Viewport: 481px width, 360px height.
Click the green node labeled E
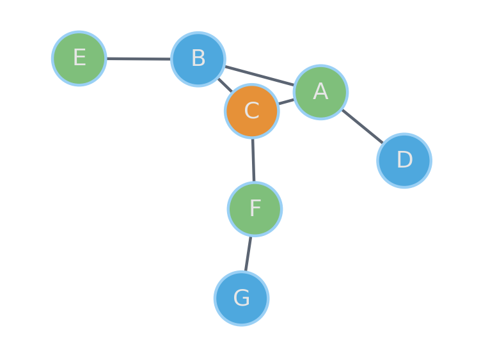click(x=79, y=58)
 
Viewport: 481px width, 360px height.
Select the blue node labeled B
click(x=198, y=59)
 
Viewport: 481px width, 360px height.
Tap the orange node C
click(x=252, y=111)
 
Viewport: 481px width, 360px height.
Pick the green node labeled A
click(x=320, y=92)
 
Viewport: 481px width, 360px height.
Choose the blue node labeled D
click(x=404, y=160)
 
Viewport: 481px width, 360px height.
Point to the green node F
click(x=255, y=209)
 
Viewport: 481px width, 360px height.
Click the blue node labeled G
click(x=241, y=298)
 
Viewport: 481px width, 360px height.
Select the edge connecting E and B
click(x=139, y=59)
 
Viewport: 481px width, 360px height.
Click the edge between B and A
click(x=260, y=75)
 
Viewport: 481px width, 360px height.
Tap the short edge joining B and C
click(x=225, y=85)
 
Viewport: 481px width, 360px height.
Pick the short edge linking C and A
click(x=286, y=102)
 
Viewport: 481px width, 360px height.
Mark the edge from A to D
click(x=363, y=127)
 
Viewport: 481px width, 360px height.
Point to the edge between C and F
click(x=253, y=160)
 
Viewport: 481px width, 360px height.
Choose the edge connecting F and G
click(x=248, y=254)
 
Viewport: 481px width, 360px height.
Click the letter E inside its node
click(x=79, y=58)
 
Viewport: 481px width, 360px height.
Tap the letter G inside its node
click(x=241, y=297)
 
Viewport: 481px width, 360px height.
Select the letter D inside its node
click(x=405, y=159)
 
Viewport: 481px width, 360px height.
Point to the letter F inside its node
click(x=255, y=208)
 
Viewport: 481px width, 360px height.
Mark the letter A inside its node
click(x=320, y=91)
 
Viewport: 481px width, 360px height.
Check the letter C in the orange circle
click(x=252, y=111)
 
